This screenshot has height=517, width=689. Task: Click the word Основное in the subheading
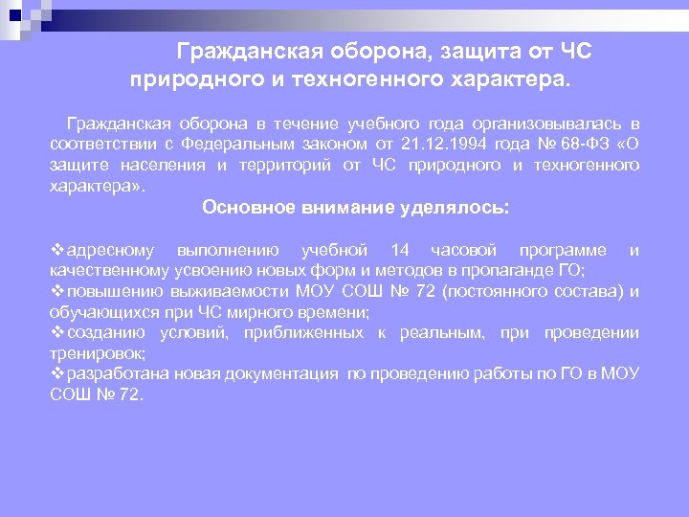pos(245,206)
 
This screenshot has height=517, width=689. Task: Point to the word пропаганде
pos(521,271)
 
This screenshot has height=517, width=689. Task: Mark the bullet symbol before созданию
pos(56,333)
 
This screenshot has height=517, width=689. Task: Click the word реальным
pos(435,333)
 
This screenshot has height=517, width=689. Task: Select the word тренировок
pos(93,353)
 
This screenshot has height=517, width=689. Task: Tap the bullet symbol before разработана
pos(56,374)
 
